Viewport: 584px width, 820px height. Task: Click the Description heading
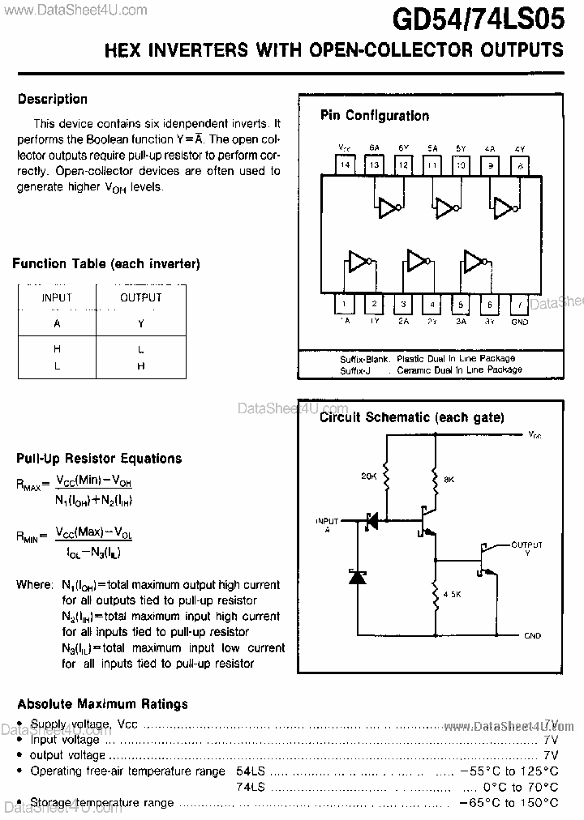click(x=53, y=100)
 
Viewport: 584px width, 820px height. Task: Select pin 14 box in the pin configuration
click(x=346, y=164)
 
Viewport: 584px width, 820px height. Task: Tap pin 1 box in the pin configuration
click(x=346, y=305)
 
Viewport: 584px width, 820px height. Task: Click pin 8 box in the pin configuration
click(x=520, y=164)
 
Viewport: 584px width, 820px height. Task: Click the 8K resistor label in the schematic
click(x=449, y=480)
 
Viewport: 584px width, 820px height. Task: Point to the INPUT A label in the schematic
click(x=327, y=524)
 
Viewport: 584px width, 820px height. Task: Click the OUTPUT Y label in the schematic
click(x=526, y=549)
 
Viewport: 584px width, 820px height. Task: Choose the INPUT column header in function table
click(x=57, y=297)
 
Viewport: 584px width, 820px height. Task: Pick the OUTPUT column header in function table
click(x=141, y=297)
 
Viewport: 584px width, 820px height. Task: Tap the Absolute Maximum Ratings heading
click(x=102, y=704)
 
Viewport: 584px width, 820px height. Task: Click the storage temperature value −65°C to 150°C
click(x=509, y=802)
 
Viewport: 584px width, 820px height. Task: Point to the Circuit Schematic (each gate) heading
click(x=411, y=418)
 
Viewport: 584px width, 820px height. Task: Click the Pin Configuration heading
click(x=375, y=116)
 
